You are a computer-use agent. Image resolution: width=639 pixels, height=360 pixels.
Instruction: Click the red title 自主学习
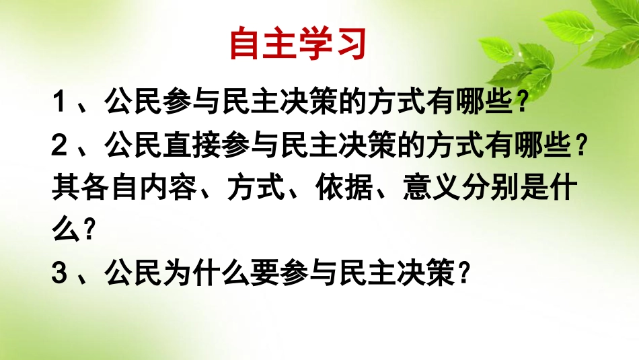298,44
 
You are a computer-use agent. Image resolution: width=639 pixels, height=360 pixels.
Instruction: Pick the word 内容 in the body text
168,190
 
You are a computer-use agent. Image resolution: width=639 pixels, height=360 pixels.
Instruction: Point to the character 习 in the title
350,44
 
